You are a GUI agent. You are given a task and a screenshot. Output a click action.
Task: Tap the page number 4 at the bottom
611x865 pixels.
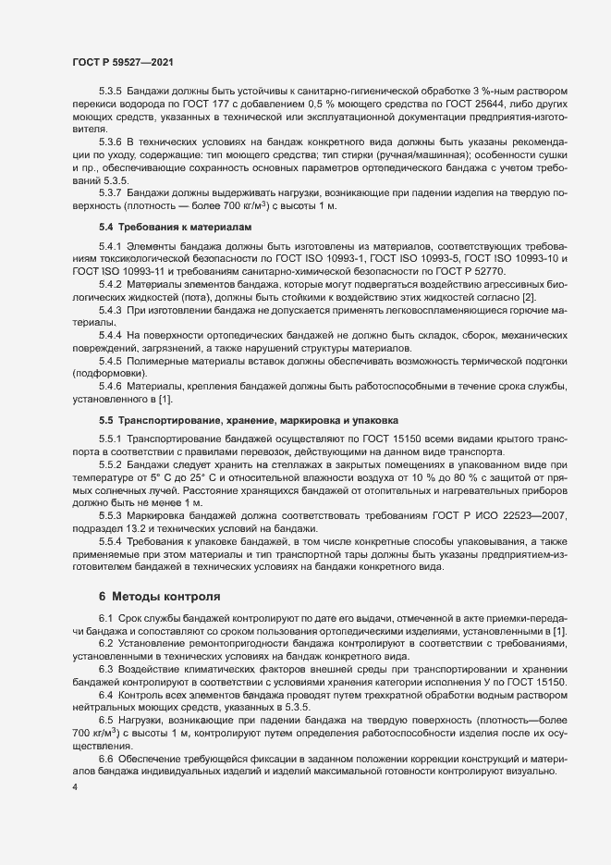point(75,787)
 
